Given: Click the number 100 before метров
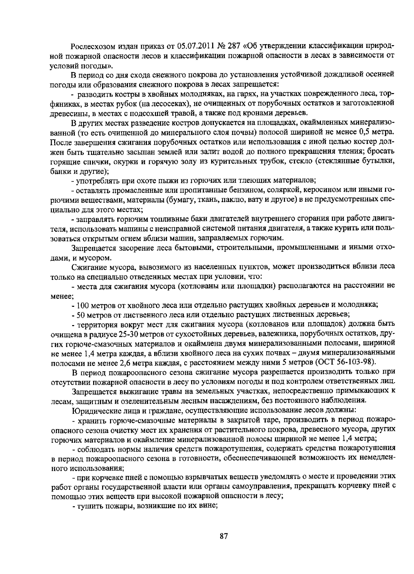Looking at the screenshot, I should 82,305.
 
